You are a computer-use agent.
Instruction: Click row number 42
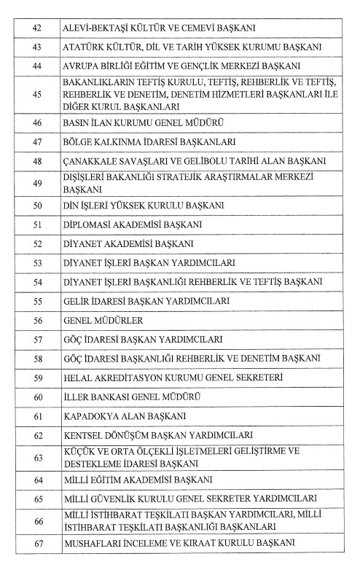[37, 28]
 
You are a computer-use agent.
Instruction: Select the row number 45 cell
[37, 94]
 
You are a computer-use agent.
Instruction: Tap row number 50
[37, 205]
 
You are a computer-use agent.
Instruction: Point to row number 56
[37, 320]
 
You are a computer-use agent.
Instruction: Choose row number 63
[37, 457]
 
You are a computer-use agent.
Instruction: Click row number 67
[37, 544]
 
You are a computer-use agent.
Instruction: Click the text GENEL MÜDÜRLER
[103, 320]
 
